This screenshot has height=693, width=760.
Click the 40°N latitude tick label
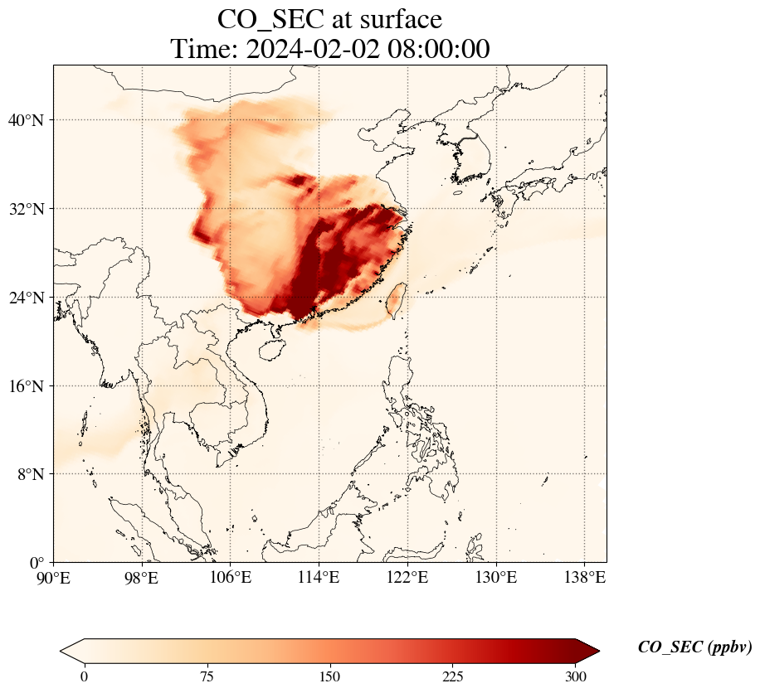(31, 120)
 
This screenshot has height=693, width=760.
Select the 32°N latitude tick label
(31, 209)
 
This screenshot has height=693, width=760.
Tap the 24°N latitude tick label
(31, 298)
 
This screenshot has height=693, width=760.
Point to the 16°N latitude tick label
(31, 386)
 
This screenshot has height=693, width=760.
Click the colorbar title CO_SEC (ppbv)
(694, 648)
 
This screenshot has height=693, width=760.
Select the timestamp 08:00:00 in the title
(435, 49)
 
